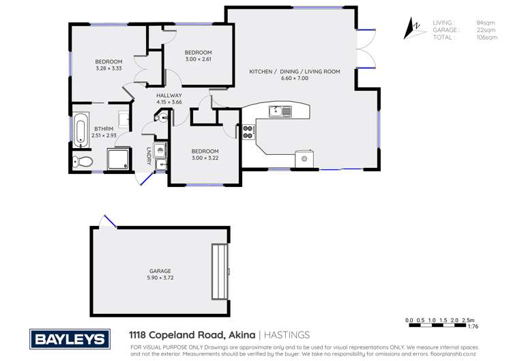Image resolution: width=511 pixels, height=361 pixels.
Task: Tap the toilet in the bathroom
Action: [x=83, y=162]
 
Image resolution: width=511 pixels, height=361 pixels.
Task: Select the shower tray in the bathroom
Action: [x=121, y=159]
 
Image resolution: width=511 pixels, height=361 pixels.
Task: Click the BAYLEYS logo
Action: [x=69, y=338]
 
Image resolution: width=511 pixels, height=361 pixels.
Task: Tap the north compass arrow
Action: [x=413, y=29]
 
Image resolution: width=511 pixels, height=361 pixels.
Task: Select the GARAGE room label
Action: [x=160, y=271]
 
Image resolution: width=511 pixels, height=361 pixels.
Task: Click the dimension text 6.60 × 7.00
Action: [x=295, y=78]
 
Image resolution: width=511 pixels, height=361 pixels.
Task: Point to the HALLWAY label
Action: [x=169, y=96]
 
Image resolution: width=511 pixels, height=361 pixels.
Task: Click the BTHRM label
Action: [x=104, y=128]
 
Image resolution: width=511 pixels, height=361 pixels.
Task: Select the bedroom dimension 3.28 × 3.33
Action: [x=108, y=68]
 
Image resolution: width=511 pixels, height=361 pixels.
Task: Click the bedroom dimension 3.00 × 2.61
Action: [x=198, y=59]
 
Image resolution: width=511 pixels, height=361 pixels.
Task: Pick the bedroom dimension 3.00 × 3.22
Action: [x=205, y=158]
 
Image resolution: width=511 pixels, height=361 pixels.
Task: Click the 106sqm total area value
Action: [x=486, y=38]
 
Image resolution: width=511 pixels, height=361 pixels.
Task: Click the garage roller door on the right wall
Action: [x=220, y=272]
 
